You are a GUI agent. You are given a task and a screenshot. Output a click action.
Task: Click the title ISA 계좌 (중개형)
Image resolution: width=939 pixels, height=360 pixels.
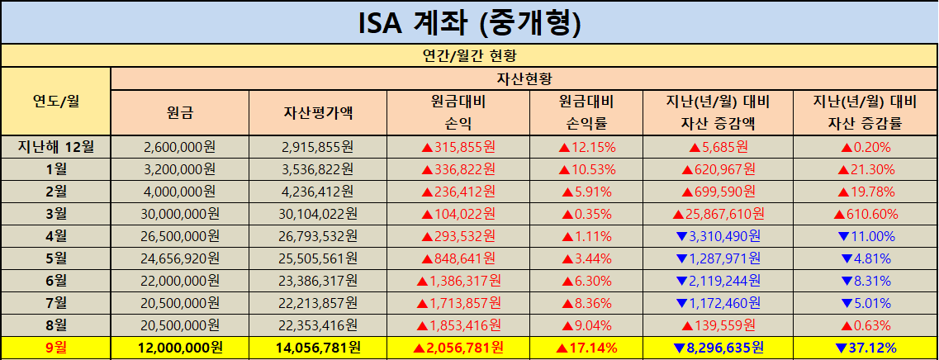[x=469, y=23]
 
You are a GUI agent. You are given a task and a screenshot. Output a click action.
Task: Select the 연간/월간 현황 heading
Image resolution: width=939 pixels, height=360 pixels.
[x=469, y=57]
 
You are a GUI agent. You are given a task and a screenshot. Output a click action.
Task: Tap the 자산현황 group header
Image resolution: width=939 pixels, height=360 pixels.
[x=524, y=79]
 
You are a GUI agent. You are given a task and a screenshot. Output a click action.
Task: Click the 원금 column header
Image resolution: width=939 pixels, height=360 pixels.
[x=179, y=113]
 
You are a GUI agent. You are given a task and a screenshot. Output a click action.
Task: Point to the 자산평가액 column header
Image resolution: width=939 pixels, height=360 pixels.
[x=318, y=113]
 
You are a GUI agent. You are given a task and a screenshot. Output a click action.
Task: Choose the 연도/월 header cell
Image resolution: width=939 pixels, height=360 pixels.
[x=55, y=102]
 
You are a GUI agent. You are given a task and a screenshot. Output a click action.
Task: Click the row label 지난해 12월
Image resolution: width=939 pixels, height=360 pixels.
[x=55, y=148]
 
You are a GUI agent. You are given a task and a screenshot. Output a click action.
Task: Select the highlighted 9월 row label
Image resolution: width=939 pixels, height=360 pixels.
[x=55, y=348]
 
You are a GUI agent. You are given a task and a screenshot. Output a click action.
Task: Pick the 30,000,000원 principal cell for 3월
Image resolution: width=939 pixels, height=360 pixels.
[x=179, y=214]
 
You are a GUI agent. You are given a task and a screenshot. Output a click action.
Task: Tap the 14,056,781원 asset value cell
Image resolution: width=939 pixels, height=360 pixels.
[x=318, y=348]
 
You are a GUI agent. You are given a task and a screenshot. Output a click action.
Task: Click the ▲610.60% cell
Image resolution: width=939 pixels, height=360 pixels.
[x=865, y=214]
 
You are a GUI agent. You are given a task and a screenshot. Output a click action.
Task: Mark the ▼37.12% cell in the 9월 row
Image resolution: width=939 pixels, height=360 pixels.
[x=865, y=348]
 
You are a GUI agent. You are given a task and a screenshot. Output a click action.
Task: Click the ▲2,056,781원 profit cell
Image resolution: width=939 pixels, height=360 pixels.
[x=458, y=348]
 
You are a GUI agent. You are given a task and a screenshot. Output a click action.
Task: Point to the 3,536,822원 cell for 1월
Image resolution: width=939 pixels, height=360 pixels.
[x=318, y=170]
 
